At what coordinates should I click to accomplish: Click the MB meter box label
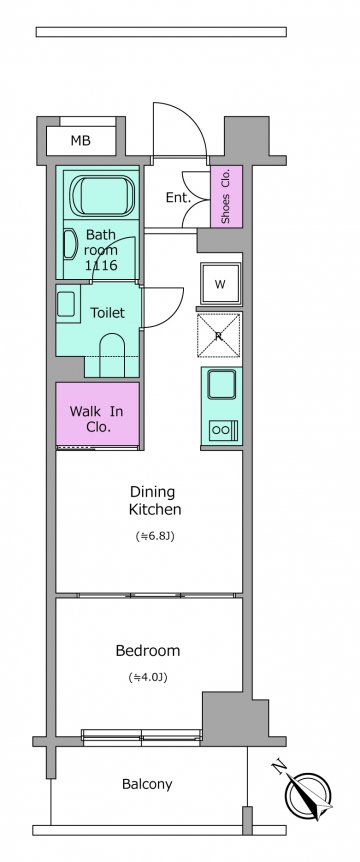click(80, 141)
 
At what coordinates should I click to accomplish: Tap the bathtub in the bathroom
click(102, 196)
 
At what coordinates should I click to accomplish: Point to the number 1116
click(101, 266)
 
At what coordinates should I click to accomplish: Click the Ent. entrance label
click(178, 198)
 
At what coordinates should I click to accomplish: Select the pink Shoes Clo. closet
click(226, 196)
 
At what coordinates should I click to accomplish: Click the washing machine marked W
click(220, 284)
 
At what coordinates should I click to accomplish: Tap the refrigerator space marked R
click(219, 335)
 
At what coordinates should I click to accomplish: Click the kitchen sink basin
click(221, 384)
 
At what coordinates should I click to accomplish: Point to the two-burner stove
click(223, 430)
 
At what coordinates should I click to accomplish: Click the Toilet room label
click(107, 313)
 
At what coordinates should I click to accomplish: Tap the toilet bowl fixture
click(113, 355)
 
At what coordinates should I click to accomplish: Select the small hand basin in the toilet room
click(66, 304)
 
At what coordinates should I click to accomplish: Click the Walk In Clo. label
click(97, 418)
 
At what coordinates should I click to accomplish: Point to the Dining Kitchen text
click(155, 500)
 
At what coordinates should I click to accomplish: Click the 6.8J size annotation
click(155, 536)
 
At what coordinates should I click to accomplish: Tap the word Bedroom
click(148, 651)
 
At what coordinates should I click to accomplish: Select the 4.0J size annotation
click(148, 678)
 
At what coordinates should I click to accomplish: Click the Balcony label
click(147, 784)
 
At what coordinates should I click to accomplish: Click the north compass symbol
click(308, 794)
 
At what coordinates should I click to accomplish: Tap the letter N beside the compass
click(279, 767)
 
